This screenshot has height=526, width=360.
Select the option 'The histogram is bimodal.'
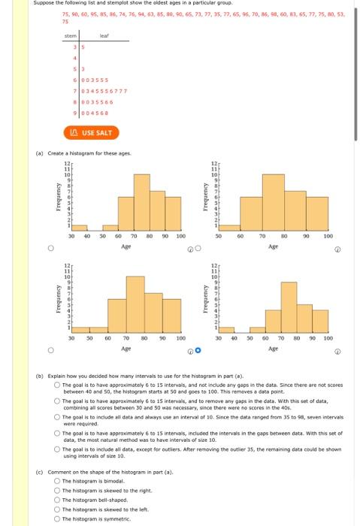pos(57,479)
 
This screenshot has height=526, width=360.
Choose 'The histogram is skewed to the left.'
pos(57,507)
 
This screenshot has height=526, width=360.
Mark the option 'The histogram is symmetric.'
pos(57,516)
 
